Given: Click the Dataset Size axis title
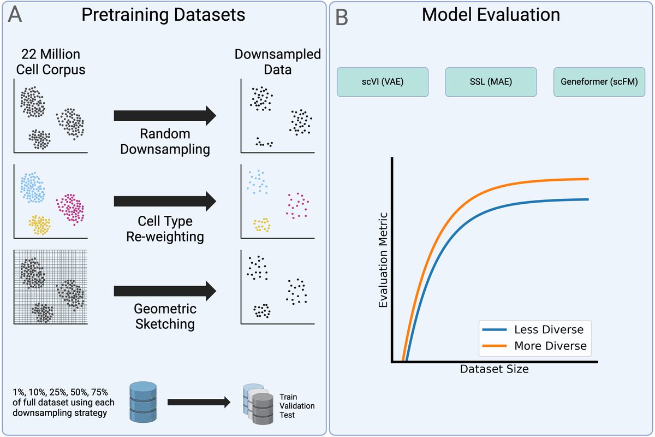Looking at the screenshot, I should click(494, 369).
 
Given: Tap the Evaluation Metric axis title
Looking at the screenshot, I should click(383, 259).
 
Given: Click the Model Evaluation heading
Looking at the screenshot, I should click(491, 15).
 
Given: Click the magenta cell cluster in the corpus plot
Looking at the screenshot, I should click(72, 208).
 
